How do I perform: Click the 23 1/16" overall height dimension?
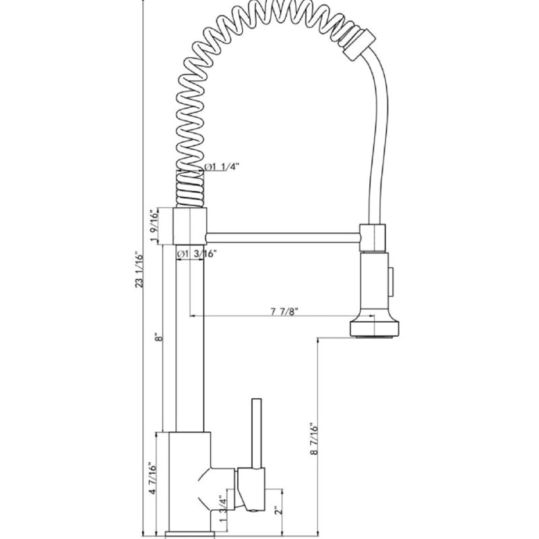(139, 270)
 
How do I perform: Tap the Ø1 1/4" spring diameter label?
(222, 167)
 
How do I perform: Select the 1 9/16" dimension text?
(154, 225)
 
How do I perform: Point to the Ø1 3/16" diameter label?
(196, 254)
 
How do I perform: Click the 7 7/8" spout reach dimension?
(284, 311)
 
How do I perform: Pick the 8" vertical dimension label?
(158, 336)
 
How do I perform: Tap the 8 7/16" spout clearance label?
(314, 439)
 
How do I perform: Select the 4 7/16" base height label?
(153, 478)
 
